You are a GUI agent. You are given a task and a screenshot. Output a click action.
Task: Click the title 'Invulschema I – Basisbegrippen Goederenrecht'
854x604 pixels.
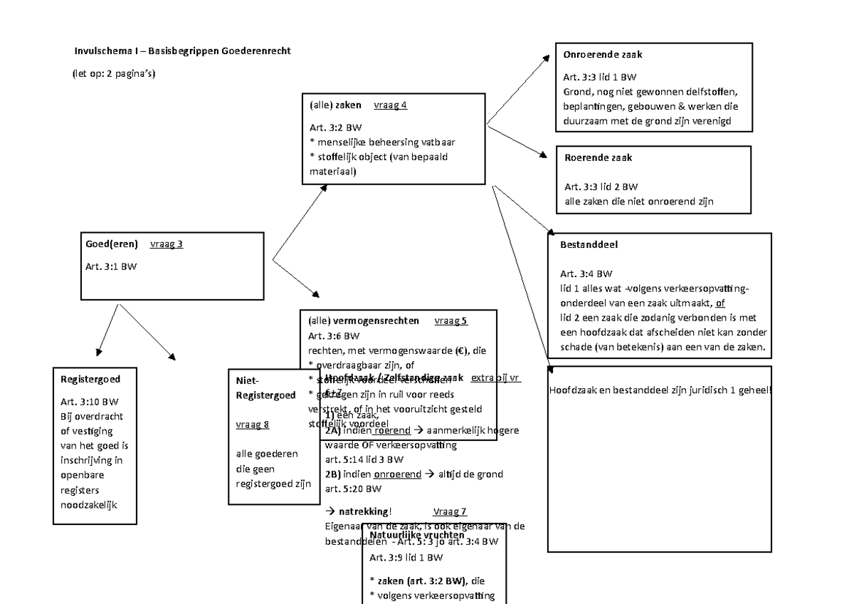click(x=183, y=51)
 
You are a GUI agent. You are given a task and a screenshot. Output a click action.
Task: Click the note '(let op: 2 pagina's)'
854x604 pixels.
click(x=113, y=74)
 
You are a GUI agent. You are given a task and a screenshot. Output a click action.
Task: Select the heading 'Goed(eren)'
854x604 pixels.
click(x=111, y=244)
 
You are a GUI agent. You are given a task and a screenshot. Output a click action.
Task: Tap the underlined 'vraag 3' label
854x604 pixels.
click(x=167, y=244)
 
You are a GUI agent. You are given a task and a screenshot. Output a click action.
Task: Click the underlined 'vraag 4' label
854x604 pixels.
click(x=389, y=105)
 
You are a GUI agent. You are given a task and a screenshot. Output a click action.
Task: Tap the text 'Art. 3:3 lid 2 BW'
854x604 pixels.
click(x=601, y=187)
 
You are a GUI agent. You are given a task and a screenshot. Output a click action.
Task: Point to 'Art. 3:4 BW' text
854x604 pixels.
click(x=586, y=274)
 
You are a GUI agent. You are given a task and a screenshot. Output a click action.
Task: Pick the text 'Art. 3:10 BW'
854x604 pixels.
click(x=90, y=400)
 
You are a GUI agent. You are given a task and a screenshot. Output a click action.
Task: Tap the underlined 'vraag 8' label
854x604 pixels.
click(x=252, y=425)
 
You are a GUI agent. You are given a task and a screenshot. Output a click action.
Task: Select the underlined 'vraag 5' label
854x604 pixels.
click(x=450, y=321)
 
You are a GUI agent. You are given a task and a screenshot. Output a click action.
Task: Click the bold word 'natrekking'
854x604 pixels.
click(x=364, y=511)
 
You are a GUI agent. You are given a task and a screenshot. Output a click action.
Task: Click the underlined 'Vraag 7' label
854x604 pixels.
click(x=450, y=511)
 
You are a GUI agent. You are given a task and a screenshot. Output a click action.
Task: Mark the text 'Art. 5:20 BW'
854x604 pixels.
click(x=353, y=489)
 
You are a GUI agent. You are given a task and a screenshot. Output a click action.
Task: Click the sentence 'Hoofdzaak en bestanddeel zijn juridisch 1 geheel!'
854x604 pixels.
click(x=660, y=390)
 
